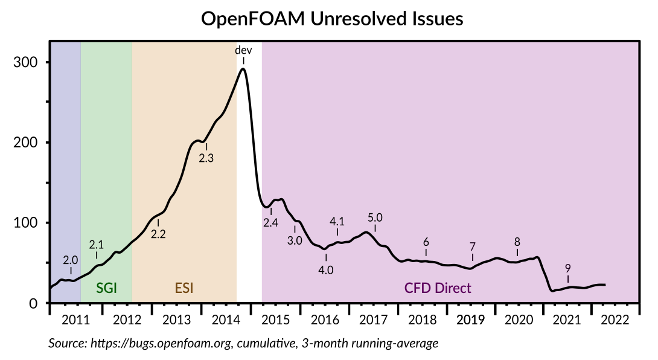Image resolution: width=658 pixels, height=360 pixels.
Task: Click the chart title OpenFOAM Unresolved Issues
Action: (x=331, y=19)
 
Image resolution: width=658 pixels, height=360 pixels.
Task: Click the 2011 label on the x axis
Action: (x=76, y=320)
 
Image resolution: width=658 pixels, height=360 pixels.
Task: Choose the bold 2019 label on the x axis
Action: (x=471, y=320)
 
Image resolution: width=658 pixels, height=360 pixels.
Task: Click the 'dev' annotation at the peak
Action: (x=243, y=50)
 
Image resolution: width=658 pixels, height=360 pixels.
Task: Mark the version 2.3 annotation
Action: (x=206, y=158)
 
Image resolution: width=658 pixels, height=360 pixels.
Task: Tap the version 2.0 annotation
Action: (x=71, y=260)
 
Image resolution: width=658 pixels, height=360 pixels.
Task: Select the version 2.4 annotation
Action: (x=271, y=223)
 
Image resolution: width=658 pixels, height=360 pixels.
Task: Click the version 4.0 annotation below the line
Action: (x=326, y=270)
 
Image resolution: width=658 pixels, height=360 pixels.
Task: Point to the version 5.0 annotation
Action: (x=375, y=217)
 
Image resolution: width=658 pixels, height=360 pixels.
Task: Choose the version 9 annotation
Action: (x=567, y=268)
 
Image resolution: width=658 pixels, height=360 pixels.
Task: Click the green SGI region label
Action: (x=106, y=288)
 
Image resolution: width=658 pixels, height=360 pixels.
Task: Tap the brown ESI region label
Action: (x=185, y=288)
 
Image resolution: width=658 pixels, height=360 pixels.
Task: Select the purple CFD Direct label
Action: (x=438, y=288)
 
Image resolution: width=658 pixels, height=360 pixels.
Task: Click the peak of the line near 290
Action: (x=243, y=68)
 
